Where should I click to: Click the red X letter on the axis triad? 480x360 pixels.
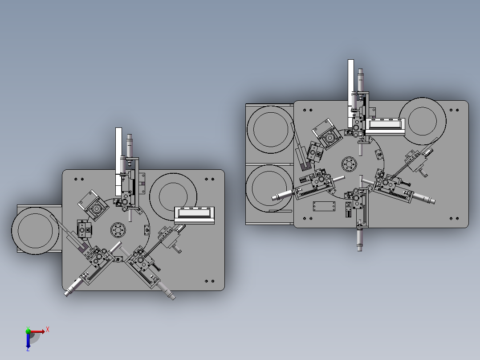48,330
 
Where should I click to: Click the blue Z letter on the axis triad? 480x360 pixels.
28,349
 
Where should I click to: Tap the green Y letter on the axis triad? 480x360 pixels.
28,328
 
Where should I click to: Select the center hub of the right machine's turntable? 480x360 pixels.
349,164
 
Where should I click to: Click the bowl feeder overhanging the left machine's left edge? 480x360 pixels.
35,231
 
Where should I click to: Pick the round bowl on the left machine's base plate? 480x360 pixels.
173,196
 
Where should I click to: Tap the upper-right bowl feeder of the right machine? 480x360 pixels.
423,121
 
